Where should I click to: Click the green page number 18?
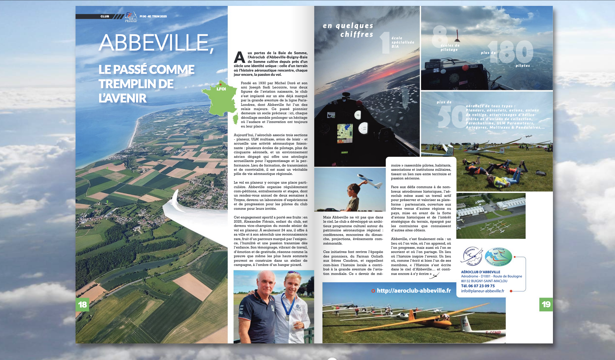tap(82, 304)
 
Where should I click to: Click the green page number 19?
tap(546, 304)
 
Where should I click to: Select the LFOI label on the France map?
tap(221, 89)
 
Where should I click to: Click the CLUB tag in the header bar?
tap(105, 16)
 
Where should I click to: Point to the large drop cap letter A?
tap(239, 58)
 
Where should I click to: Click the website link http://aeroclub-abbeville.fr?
tap(413, 291)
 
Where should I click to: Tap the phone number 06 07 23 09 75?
tap(481, 286)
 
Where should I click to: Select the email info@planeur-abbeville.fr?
tap(482, 291)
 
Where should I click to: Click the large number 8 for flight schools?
tap(439, 36)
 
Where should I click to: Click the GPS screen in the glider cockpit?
tap(345, 133)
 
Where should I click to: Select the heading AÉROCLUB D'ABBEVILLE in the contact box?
tap(480, 272)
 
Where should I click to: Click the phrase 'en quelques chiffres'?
tap(348, 30)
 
